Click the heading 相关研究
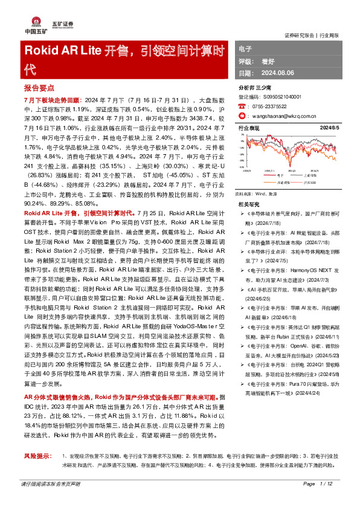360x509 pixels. (249, 204)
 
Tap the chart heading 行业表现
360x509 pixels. (249, 129)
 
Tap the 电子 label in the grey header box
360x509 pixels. (245, 48)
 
